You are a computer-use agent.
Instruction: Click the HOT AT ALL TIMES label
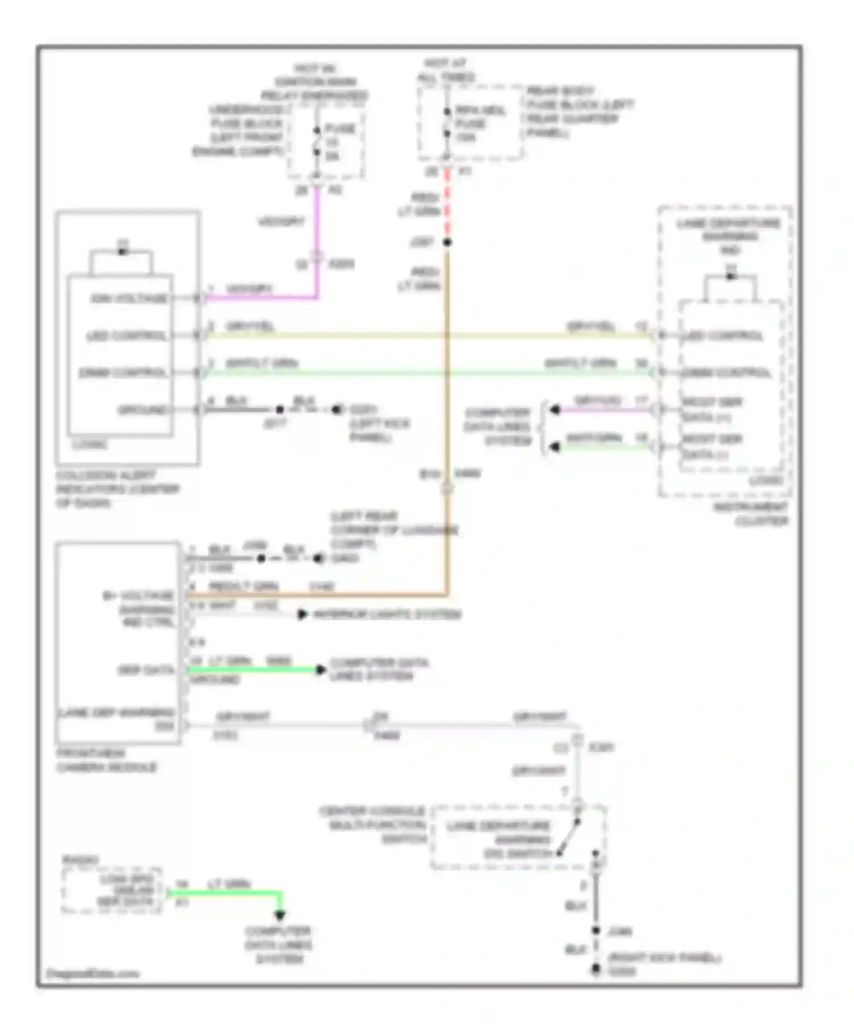[x=446, y=70]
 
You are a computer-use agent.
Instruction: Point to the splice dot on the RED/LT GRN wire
[x=447, y=243]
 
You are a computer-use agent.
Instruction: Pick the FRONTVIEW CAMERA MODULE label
[x=106, y=760]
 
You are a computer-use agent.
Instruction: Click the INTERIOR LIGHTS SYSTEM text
[x=387, y=614]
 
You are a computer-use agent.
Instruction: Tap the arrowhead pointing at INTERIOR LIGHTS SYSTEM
[x=303, y=614]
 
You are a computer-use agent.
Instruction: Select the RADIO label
[x=80, y=859]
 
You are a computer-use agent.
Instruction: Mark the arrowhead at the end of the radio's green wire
[x=280, y=915]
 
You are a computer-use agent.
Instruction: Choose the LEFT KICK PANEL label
[x=379, y=431]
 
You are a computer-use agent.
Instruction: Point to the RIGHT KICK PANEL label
[x=664, y=958]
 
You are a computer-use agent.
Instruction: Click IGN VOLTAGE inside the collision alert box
[x=129, y=298]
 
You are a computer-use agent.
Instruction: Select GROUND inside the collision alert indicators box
[x=142, y=409]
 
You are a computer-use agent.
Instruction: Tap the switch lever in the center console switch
[x=568, y=837]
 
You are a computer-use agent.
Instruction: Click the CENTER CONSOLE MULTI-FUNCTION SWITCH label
[x=373, y=825]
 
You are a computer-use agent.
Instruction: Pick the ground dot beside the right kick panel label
[x=596, y=969]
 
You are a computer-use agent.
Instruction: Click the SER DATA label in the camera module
[x=146, y=670]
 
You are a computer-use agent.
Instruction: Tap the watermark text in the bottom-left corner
[x=92, y=974]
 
